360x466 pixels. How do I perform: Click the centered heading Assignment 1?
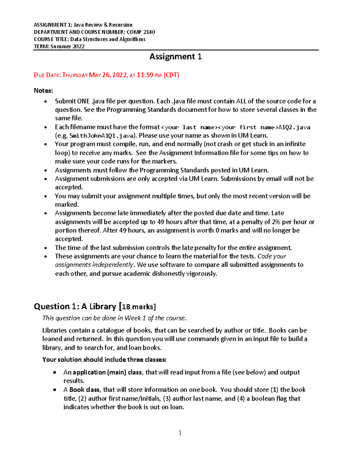tap(175, 57)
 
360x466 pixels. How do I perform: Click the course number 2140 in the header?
tap(149, 32)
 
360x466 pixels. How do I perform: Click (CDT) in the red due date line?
tap(171, 75)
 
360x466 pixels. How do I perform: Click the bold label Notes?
tap(43, 91)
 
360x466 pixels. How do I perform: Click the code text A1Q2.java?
tap(294, 127)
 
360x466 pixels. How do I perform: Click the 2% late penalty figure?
tap(276, 222)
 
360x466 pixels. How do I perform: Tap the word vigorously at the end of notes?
tap(201, 274)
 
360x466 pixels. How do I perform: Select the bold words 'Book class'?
tap(85, 390)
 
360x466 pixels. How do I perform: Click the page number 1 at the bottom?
tap(180, 433)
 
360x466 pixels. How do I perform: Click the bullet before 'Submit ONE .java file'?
tap(46, 101)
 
